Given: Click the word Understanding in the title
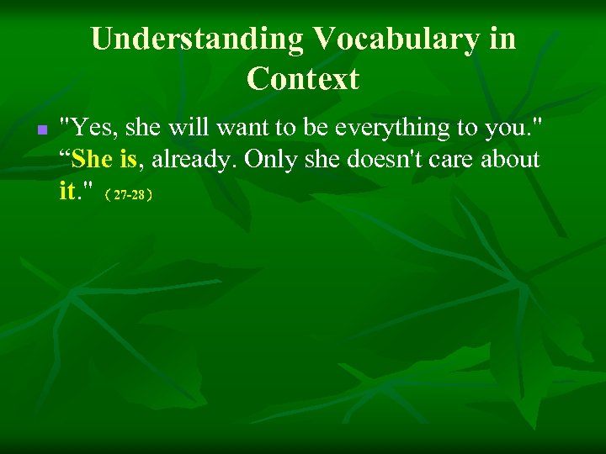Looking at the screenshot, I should click(x=197, y=39).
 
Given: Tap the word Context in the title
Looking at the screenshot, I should click(x=303, y=79).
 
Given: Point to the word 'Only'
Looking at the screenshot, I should click(x=270, y=160).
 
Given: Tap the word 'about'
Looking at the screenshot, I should click(x=512, y=160).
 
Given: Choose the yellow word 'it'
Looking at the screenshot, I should click(x=67, y=191).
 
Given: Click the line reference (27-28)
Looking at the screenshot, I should click(x=127, y=195).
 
